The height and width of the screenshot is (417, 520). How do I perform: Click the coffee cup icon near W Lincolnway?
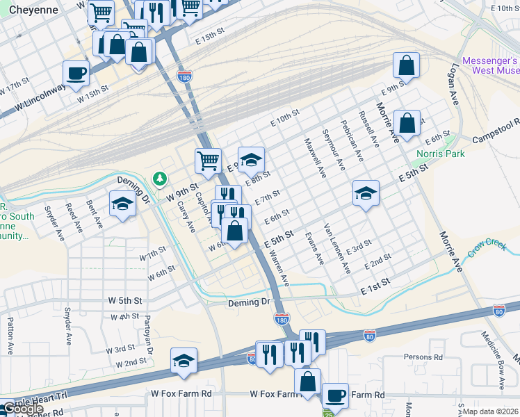pyautogui.click(x=76, y=72)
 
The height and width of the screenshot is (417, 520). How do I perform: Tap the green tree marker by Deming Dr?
pyautogui.click(x=161, y=179)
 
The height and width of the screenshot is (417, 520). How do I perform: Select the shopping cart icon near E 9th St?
pyautogui.click(x=208, y=161)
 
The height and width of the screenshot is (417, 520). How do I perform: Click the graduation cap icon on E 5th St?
pyautogui.click(x=366, y=193)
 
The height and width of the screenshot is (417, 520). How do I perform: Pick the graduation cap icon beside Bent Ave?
pyautogui.click(x=122, y=203)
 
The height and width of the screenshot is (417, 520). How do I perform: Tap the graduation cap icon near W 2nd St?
pyautogui.click(x=184, y=360)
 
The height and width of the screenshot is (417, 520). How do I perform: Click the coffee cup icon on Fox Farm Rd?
pyautogui.click(x=334, y=395)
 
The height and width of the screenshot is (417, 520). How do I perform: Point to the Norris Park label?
pyautogui.click(x=441, y=154)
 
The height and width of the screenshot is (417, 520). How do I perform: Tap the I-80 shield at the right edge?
pyautogui.click(x=498, y=311)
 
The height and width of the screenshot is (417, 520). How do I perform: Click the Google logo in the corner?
pyautogui.click(x=22, y=409)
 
